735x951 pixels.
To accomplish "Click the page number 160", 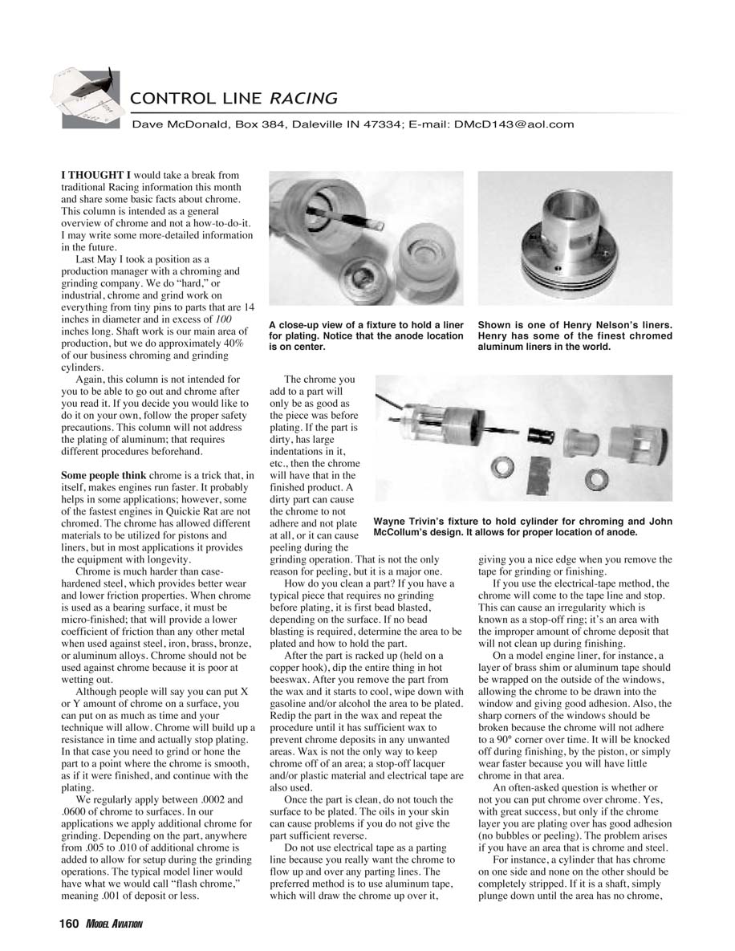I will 68,924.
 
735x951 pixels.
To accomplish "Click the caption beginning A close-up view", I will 366,335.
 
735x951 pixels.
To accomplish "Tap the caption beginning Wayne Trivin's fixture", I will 522,526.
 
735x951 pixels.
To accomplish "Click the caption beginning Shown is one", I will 575,335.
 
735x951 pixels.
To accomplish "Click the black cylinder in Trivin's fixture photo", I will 538,438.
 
